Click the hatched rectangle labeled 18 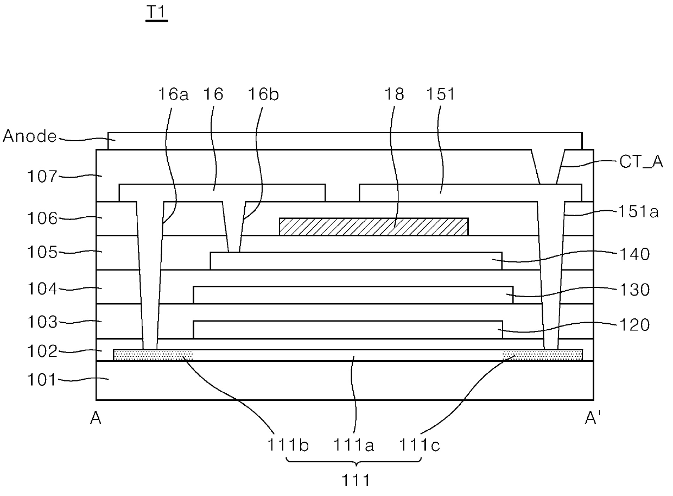pos(373,227)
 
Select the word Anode pos(30,136)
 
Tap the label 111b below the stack pos(288,445)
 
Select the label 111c pos(420,445)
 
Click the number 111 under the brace pos(356,480)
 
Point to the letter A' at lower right pos(592,417)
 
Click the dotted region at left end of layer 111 pos(153,355)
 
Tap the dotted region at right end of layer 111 pos(542,355)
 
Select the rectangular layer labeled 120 pos(347,330)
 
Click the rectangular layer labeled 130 pos(353,295)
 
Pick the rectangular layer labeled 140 pos(355,261)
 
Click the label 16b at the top pos(263,94)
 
